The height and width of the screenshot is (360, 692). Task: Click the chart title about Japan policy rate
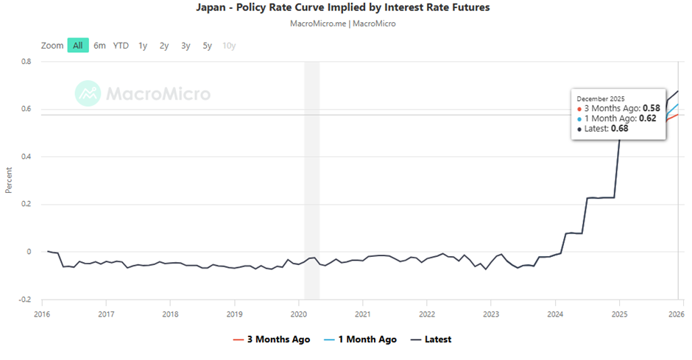click(343, 8)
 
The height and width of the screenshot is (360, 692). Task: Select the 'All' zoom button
click(77, 46)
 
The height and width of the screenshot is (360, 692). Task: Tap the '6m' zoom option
click(99, 46)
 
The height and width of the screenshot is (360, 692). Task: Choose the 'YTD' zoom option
click(121, 46)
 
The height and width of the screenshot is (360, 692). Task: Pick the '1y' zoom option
click(143, 46)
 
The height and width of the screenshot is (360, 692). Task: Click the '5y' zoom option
click(208, 46)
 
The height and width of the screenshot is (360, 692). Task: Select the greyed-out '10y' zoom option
click(229, 46)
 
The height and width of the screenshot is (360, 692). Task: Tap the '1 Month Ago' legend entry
click(361, 339)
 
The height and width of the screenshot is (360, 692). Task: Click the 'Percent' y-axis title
click(9, 180)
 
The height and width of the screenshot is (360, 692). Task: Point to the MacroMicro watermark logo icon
click(88, 93)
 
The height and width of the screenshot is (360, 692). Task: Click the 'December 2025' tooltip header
click(600, 99)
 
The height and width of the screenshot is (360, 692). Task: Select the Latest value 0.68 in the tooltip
click(618, 128)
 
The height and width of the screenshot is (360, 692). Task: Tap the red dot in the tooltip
click(579, 108)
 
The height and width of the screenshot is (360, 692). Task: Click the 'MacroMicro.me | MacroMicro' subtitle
click(343, 24)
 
